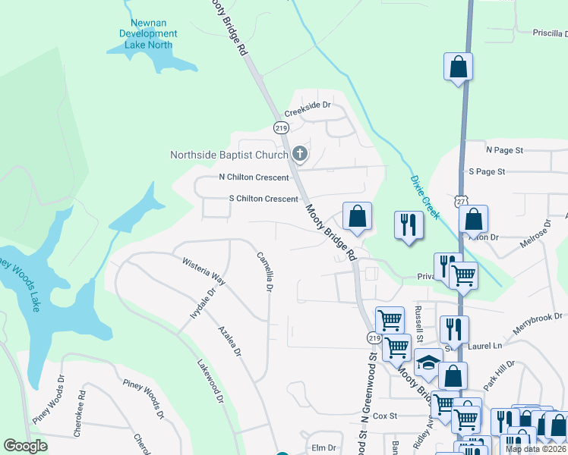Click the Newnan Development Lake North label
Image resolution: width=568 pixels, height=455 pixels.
click(149, 34)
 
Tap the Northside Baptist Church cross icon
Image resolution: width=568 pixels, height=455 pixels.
click(300, 155)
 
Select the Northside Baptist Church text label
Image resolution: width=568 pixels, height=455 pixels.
click(229, 155)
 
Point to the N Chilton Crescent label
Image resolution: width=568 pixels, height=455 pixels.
click(254, 177)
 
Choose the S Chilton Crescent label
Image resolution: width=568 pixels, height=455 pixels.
click(263, 199)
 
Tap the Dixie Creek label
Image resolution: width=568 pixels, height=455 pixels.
click(424, 197)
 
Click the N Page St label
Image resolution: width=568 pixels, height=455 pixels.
click(505, 150)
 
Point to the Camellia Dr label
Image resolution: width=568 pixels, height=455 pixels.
click(264, 271)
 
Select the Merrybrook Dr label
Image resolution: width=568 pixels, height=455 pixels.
click(536, 319)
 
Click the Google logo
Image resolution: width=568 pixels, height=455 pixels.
click(26, 446)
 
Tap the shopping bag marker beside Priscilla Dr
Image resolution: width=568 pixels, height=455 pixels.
click(459, 67)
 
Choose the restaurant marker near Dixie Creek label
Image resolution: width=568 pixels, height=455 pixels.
click(409, 225)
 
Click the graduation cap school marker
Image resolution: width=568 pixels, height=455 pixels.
click(428, 364)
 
